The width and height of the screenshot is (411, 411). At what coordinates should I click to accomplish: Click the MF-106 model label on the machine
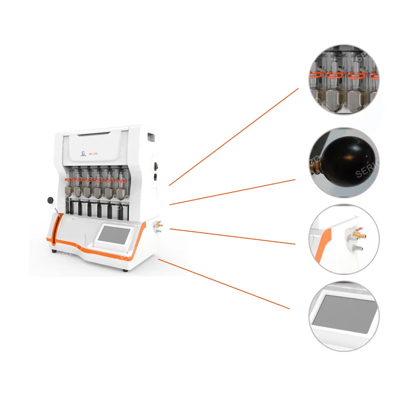click(x=92, y=154)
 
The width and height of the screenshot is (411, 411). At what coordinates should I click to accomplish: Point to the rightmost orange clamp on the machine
click(x=120, y=180)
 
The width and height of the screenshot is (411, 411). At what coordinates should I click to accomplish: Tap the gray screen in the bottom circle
click(x=344, y=315)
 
